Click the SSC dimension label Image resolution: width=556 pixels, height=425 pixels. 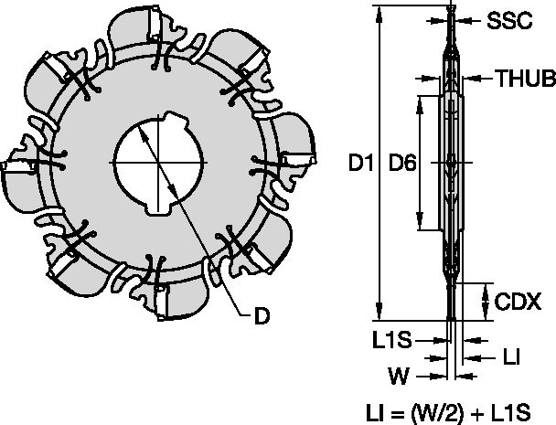[x=509, y=21]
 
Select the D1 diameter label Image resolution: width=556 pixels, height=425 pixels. [x=365, y=164]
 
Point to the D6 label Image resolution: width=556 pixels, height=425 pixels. [x=402, y=164]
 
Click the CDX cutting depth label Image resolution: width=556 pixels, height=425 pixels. [x=519, y=301]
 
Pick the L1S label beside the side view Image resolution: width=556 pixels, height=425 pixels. [x=391, y=339]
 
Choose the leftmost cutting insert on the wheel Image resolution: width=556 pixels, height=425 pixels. [x=18, y=170]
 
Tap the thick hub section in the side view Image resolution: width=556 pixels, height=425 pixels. [x=454, y=165]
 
